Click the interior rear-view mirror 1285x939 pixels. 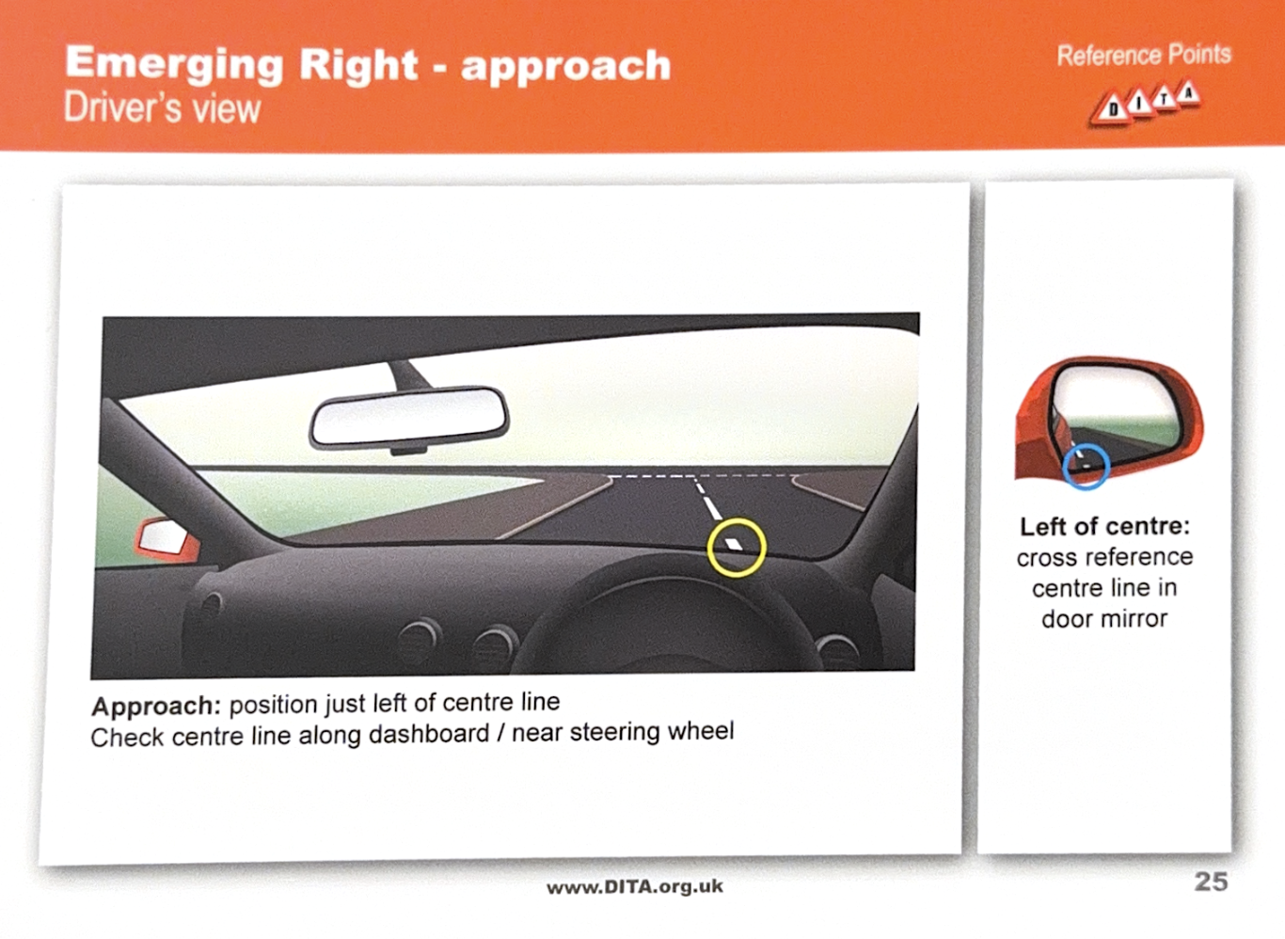[x=408, y=417]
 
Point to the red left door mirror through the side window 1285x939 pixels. [x=167, y=539]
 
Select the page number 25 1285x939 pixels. [x=1211, y=882]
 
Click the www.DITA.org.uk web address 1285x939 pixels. [x=634, y=887]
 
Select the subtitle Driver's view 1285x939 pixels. [x=163, y=108]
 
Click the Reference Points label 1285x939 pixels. [x=1144, y=56]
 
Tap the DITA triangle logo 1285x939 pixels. [x=1145, y=103]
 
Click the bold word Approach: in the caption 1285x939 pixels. [x=156, y=706]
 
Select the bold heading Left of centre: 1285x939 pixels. [x=1105, y=527]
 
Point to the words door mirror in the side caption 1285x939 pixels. [x=1104, y=619]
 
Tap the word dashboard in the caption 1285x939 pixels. [x=429, y=734]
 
